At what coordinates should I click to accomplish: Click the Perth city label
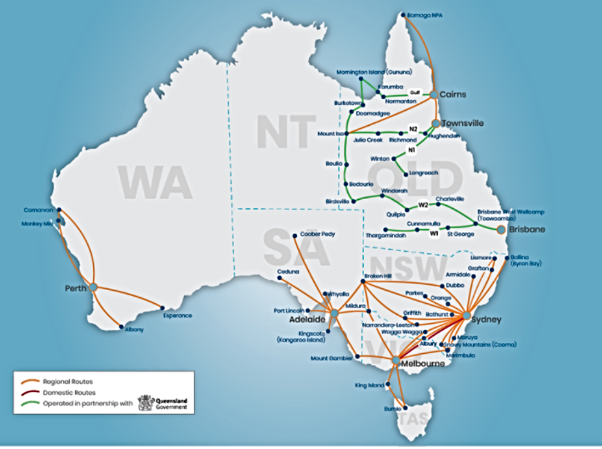tap(76, 288)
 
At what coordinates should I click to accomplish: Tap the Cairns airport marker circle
tap(433, 94)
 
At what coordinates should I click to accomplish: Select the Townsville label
tap(462, 123)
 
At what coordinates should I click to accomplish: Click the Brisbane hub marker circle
tap(500, 229)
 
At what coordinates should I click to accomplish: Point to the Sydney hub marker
tap(467, 315)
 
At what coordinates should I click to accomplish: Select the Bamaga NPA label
tap(425, 15)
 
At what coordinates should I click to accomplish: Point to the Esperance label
tap(178, 315)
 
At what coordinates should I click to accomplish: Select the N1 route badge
tap(412, 149)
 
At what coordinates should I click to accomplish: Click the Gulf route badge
tap(414, 92)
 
